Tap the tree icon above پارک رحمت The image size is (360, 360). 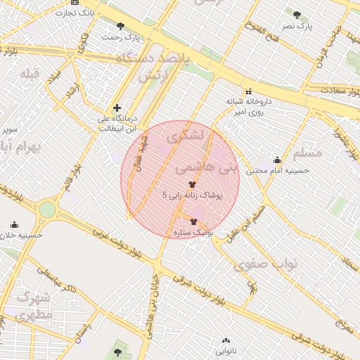(x=121, y=26)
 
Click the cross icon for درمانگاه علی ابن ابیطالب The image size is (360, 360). (x=117, y=108)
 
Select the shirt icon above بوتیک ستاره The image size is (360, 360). (x=194, y=221)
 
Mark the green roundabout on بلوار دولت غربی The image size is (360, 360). (x=47, y=209)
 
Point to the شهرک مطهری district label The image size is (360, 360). (x=32, y=306)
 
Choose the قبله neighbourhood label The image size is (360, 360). (x=31, y=74)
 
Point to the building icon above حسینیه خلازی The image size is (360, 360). (x=14, y=224)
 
